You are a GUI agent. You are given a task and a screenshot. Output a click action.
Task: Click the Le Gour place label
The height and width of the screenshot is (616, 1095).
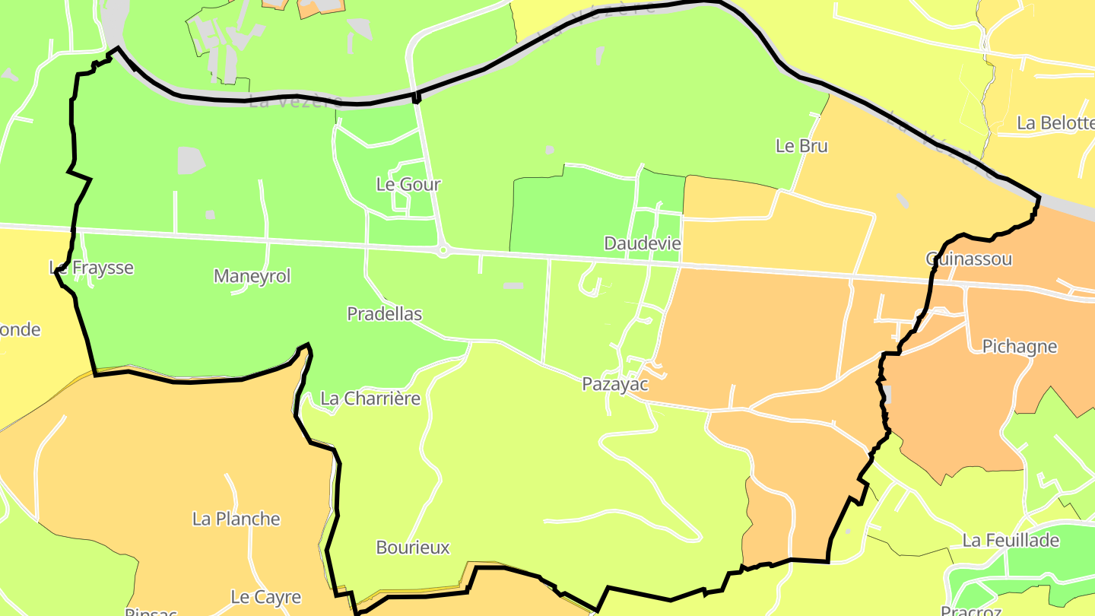click(408, 184)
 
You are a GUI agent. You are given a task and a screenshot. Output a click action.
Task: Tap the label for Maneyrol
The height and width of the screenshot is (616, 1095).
click(252, 276)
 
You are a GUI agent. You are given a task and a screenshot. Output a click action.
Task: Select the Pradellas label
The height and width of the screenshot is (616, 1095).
click(384, 313)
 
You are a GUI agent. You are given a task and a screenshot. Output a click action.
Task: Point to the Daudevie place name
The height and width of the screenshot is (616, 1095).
click(643, 243)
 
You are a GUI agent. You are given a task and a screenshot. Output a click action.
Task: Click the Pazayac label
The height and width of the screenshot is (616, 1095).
click(615, 384)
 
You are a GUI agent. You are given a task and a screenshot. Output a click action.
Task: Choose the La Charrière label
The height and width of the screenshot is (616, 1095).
click(370, 398)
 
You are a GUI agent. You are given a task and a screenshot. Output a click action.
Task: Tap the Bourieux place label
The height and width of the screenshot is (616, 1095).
click(413, 548)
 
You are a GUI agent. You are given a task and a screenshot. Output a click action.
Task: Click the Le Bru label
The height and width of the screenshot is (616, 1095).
click(801, 146)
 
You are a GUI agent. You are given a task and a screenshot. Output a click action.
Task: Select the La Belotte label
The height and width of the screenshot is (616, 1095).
click(1055, 122)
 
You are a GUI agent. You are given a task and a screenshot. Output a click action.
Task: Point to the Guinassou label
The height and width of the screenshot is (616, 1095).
click(969, 259)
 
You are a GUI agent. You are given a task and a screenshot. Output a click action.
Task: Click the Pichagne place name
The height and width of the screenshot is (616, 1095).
click(1020, 347)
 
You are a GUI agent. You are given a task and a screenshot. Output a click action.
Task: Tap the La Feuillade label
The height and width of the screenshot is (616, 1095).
click(1011, 541)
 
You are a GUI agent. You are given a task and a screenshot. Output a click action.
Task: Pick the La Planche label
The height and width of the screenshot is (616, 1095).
click(236, 519)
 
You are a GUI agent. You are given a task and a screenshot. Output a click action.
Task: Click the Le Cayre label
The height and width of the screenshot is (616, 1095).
click(266, 597)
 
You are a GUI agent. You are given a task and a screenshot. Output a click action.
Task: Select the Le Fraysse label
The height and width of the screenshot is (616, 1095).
click(91, 268)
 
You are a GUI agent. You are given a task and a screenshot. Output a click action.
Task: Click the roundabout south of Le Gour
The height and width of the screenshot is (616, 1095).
click(443, 250)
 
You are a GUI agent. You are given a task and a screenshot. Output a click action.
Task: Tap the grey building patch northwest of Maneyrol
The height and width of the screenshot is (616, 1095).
click(191, 160)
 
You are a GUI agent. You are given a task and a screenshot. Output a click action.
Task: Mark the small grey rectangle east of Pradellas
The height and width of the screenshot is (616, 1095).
click(513, 286)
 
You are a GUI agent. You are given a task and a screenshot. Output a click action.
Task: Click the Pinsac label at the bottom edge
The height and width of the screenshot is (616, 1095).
click(151, 611)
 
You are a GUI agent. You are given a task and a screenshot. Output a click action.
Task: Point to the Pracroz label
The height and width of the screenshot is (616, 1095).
click(970, 611)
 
